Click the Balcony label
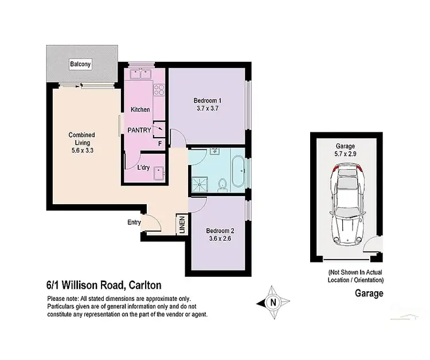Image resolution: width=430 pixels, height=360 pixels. [x=81, y=64]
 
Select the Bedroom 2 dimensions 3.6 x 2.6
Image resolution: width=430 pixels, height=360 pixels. [x=220, y=240]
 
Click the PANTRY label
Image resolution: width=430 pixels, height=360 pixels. [x=139, y=130]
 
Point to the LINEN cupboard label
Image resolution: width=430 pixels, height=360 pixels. [x=181, y=225]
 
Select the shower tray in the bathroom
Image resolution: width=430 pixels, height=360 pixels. [x=200, y=182]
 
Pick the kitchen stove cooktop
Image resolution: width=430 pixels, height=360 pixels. [x=159, y=89]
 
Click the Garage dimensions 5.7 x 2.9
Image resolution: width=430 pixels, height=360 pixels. [x=346, y=154]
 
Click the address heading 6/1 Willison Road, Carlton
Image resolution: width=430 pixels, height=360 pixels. [x=104, y=285]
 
